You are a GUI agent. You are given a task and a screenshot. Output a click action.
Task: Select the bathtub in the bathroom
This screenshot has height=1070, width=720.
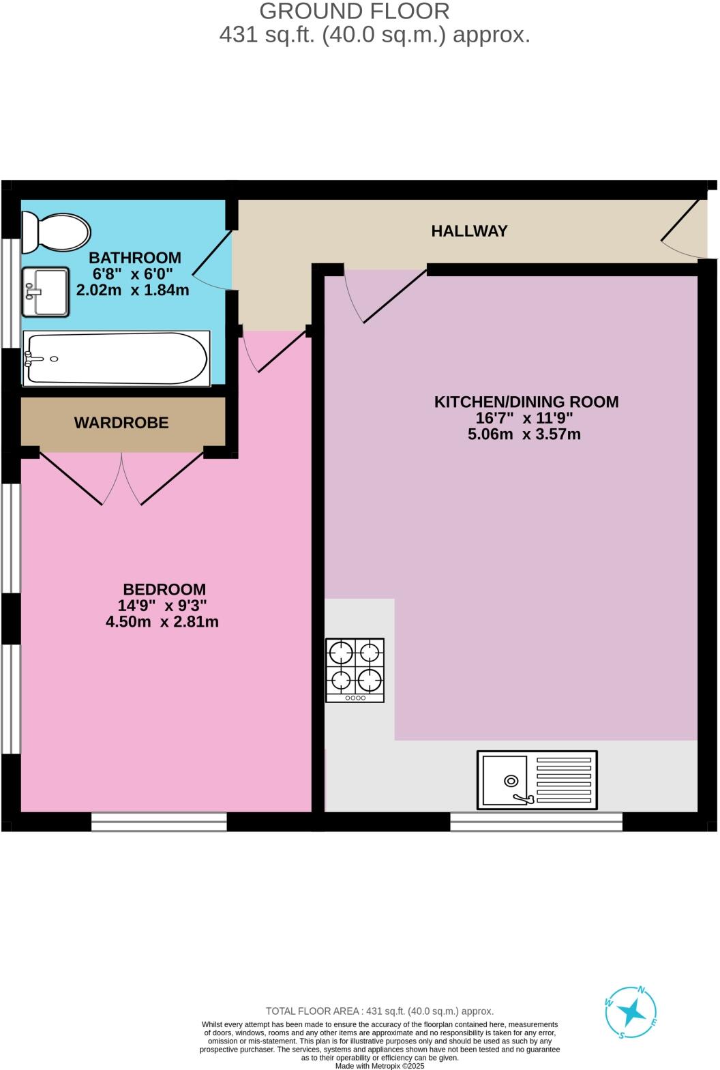116,358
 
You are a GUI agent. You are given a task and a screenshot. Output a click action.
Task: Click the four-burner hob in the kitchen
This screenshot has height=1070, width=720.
355,670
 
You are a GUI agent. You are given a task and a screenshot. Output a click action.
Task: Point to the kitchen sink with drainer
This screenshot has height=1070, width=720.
537,780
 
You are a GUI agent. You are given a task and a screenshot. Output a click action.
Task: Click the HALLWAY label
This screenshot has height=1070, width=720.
469,231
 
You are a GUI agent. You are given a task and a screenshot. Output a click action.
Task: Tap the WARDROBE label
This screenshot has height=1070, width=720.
121,423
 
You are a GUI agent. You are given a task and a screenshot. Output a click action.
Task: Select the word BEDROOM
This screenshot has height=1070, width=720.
164,589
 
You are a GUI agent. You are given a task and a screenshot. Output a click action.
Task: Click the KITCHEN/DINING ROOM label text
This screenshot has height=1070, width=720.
526,402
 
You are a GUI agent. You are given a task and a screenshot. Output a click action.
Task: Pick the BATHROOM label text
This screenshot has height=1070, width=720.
135,258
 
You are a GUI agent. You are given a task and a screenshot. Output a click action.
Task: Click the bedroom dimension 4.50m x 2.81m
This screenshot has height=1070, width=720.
162,622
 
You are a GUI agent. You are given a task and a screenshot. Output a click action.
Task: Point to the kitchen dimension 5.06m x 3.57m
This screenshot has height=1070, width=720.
524,434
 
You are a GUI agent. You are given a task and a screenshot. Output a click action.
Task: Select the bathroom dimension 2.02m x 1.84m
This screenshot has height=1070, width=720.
132,290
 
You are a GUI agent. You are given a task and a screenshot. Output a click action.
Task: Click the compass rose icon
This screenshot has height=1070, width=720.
631,1013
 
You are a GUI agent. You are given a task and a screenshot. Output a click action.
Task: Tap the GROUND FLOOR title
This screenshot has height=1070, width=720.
355,12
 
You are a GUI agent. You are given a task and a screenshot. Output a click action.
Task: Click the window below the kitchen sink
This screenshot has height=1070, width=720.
536,821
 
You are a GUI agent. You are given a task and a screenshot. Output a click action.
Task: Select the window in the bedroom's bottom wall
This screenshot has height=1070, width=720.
159,821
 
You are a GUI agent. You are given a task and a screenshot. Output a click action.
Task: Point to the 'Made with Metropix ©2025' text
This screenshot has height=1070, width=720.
380,1066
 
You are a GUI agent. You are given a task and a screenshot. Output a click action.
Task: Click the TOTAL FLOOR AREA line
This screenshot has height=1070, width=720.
379,1011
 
